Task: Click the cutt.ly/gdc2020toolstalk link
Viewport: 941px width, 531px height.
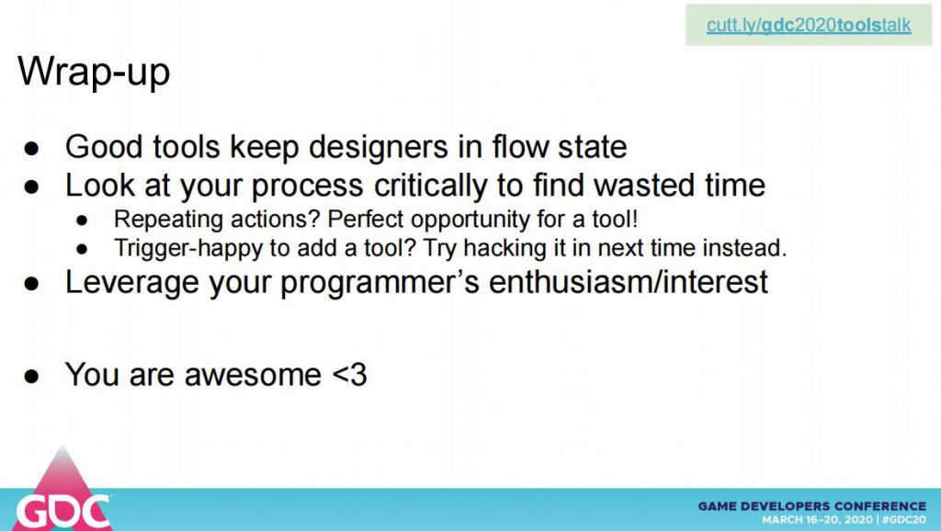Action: tap(809, 25)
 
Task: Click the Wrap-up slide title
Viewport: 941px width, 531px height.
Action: tap(94, 73)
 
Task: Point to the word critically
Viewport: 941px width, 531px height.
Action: tap(430, 186)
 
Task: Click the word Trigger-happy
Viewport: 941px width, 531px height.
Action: tap(188, 248)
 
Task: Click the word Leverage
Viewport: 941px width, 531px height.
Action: tap(132, 283)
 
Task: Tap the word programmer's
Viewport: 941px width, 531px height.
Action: tap(380, 283)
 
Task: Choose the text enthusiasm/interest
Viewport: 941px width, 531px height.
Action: tap(629, 281)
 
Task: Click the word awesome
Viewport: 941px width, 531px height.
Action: tap(253, 375)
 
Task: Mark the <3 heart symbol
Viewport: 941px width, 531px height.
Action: tap(348, 375)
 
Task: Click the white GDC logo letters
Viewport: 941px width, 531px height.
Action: tap(63, 512)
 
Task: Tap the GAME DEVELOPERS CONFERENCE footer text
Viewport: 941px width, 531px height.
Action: tap(812, 506)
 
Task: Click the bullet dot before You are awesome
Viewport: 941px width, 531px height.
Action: tap(31, 376)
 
